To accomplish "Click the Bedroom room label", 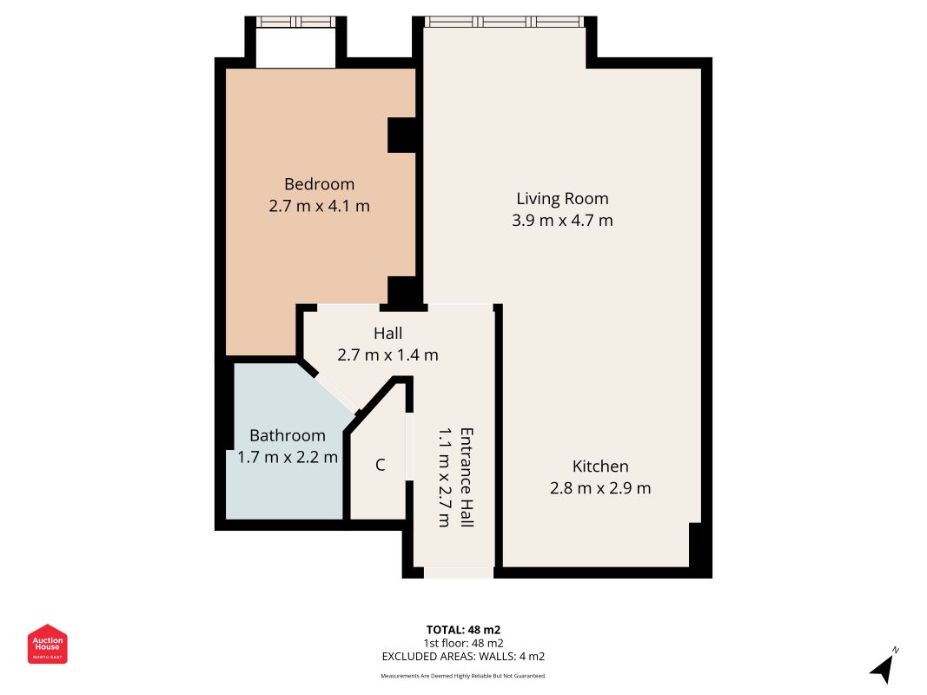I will pyautogui.click(x=319, y=184).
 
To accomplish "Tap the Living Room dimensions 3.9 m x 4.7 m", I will pyautogui.click(x=562, y=221).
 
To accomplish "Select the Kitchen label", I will pyautogui.click(x=599, y=467).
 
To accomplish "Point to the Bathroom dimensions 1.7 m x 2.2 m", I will pyautogui.click(x=288, y=457).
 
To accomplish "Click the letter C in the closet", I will pyautogui.click(x=380, y=466).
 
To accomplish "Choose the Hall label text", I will pyautogui.click(x=387, y=333).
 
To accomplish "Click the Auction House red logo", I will pyautogui.click(x=48, y=644).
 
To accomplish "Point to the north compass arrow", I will pyautogui.click(x=884, y=666).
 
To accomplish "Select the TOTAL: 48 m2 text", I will pyautogui.click(x=463, y=629).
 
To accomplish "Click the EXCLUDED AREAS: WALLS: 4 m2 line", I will pyautogui.click(x=463, y=657).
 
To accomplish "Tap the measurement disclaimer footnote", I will pyautogui.click(x=463, y=675).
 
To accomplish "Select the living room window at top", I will pyautogui.click(x=505, y=22).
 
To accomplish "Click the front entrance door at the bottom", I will pyautogui.click(x=458, y=573).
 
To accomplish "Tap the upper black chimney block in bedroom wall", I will pyautogui.click(x=401, y=136).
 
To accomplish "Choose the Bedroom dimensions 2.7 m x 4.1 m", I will pyautogui.click(x=319, y=207).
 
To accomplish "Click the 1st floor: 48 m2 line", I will pyautogui.click(x=463, y=643).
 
